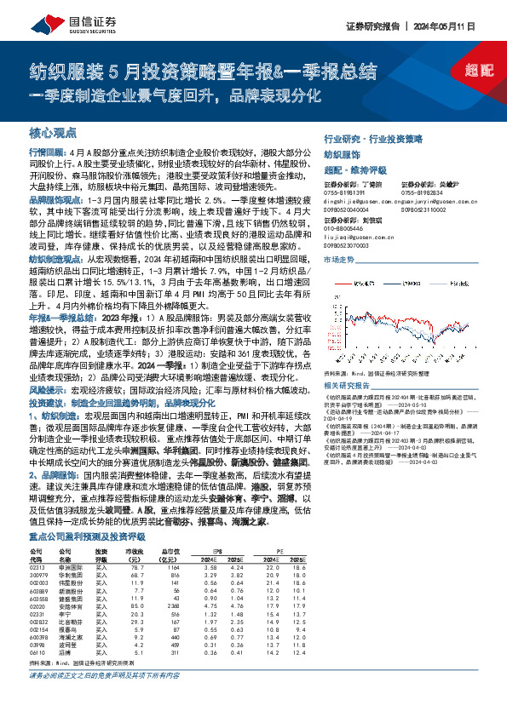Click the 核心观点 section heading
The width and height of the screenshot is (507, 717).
53,133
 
